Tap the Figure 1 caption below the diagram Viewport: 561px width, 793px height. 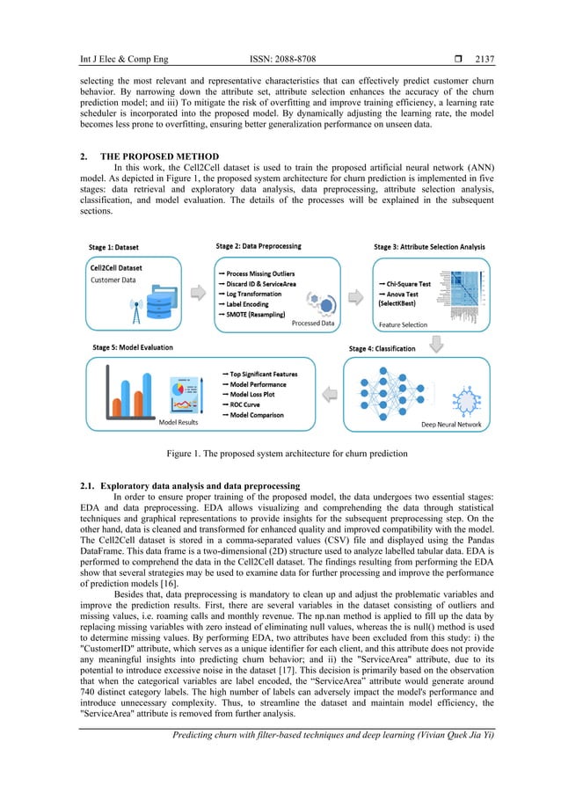[280, 454]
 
